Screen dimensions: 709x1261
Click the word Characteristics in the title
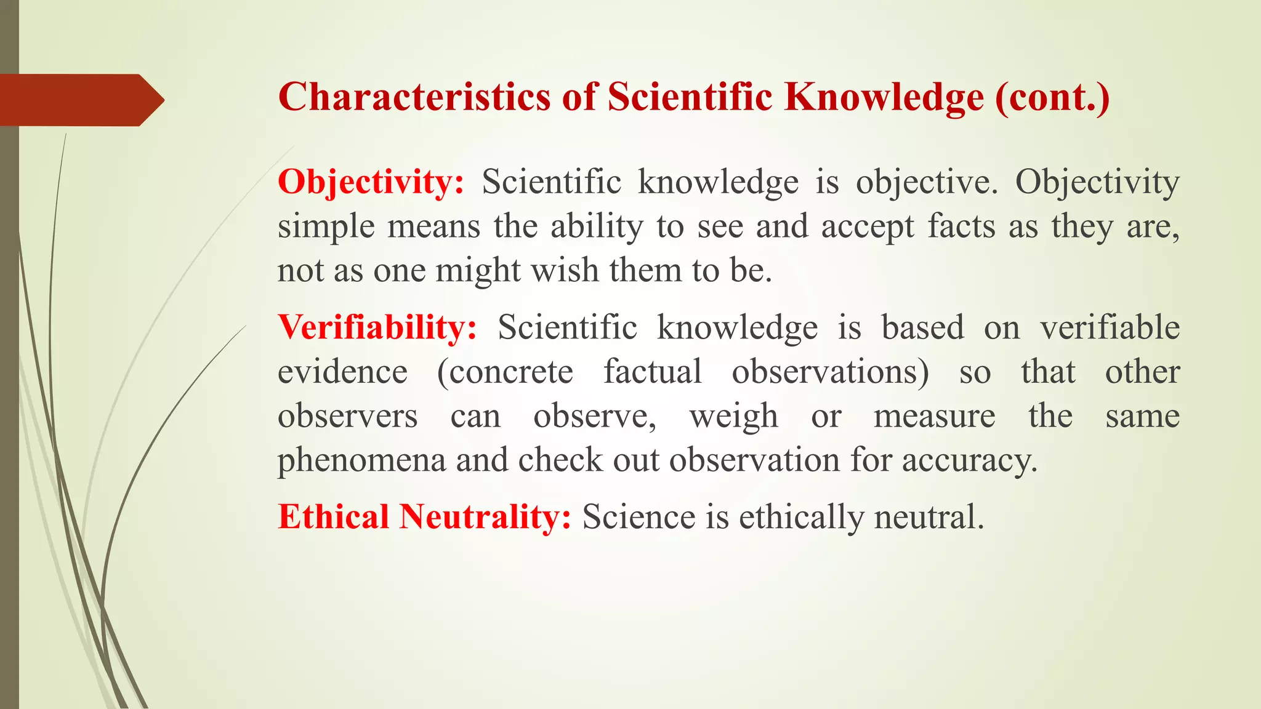click(414, 97)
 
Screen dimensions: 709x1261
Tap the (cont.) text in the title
click(1052, 97)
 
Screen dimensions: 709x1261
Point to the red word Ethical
click(333, 516)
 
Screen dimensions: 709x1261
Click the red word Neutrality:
click(485, 516)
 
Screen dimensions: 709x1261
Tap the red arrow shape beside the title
click(80, 100)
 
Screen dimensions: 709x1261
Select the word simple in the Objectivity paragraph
click(326, 226)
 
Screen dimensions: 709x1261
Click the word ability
click(597, 226)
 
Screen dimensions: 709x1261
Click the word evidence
click(342, 372)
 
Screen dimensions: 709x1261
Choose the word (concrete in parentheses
click(505, 372)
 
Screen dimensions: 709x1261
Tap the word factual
click(652, 372)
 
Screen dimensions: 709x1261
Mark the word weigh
click(733, 417)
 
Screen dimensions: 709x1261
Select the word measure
click(934, 417)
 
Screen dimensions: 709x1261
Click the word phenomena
click(361, 460)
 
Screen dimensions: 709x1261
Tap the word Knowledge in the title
click(884, 97)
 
